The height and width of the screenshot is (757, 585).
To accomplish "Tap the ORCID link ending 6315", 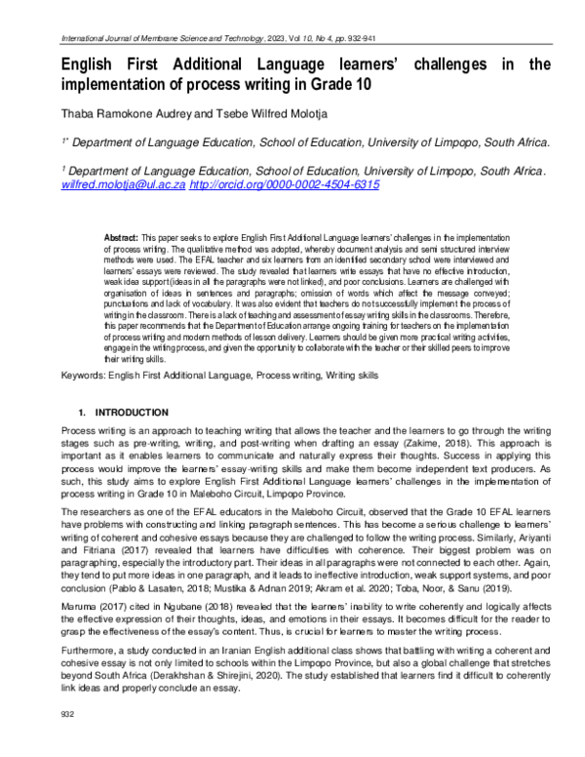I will coord(284,183).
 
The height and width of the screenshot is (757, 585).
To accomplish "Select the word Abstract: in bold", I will coord(121,237).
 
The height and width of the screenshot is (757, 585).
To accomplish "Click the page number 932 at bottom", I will coord(68,742).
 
